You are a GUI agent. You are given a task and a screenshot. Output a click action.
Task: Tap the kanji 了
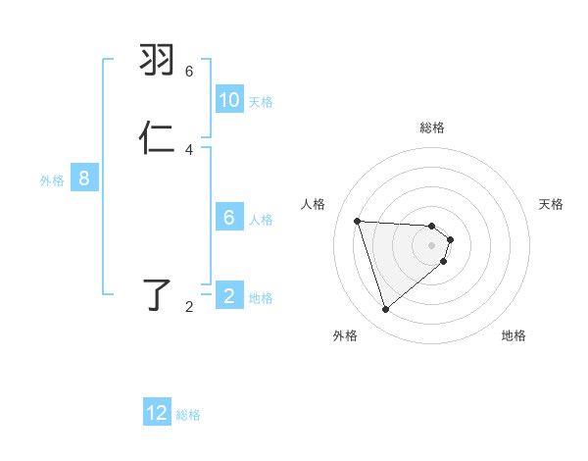click(159, 294)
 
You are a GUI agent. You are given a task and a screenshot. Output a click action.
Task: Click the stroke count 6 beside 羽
click(189, 72)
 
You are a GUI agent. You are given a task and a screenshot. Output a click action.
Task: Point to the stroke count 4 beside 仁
click(189, 150)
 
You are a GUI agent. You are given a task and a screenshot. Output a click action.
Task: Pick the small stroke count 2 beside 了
click(189, 307)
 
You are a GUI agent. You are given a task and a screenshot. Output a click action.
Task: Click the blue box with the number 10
click(229, 100)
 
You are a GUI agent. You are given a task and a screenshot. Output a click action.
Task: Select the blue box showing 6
click(229, 218)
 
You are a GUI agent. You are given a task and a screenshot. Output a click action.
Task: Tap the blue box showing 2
click(229, 296)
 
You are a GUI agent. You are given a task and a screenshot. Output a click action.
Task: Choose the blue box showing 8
click(84, 179)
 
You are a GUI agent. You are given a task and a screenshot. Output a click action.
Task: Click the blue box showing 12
click(158, 413)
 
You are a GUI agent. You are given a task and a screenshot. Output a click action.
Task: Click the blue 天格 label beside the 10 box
click(261, 102)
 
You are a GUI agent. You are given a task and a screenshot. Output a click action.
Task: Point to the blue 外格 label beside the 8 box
click(51, 180)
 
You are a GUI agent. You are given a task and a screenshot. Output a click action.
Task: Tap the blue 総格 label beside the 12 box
click(188, 415)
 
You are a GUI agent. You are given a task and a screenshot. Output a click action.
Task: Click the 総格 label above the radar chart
click(432, 128)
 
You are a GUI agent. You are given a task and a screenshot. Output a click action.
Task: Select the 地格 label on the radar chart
click(514, 335)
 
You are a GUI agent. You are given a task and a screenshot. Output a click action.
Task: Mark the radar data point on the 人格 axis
click(358, 221)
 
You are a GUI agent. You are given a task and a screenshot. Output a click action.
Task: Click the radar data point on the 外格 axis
click(385, 310)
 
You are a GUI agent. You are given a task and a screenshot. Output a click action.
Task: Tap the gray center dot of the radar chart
click(432, 245)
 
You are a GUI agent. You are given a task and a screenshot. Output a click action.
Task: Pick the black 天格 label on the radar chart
click(552, 204)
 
